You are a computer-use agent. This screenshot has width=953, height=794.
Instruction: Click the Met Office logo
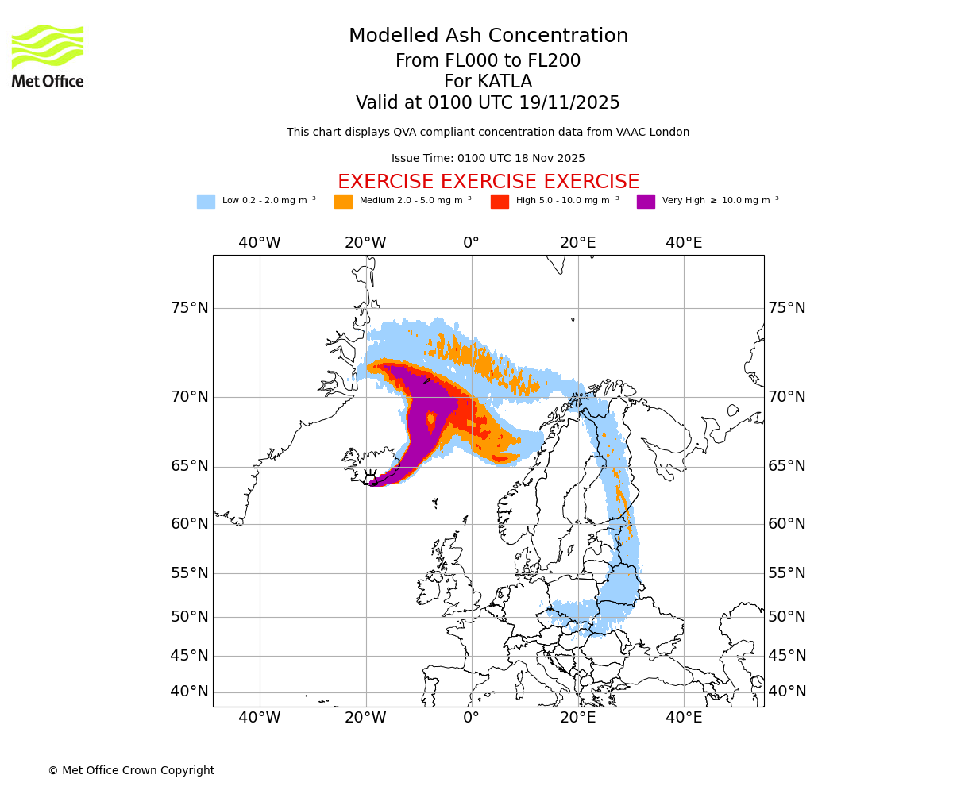click(x=48, y=56)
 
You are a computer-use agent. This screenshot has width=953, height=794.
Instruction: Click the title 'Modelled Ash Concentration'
click(x=488, y=37)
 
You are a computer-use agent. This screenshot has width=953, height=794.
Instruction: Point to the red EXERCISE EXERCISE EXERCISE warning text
click(x=488, y=182)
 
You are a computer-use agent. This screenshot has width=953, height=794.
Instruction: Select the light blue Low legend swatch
click(x=206, y=201)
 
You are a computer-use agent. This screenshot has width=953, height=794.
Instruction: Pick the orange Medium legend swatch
click(x=343, y=201)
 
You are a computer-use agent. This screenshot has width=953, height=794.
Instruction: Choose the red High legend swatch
click(x=500, y=201)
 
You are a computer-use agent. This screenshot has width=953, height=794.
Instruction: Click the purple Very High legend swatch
click(x=646, y=201)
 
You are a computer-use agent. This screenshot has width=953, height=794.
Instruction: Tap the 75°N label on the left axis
click(x=190, y=308)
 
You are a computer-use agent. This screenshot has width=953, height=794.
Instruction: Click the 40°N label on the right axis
click(x=786, y=692)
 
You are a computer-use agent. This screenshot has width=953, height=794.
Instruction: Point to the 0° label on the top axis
click(x=472, y=243)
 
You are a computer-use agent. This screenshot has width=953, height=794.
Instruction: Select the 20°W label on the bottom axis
click(x=365, y=718)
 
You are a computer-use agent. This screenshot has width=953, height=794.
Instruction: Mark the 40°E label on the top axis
click(x=684, y=243)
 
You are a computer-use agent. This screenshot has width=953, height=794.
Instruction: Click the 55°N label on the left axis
click(x=190, y=573)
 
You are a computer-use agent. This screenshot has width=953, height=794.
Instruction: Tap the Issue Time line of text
click(x=488, y=159)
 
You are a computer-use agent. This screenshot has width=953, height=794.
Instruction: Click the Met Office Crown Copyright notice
click(x=131, y=770)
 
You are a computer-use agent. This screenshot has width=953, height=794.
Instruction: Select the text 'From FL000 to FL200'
click(x=488, y=61)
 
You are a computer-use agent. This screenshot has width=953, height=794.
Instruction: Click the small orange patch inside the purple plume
click(x=431, y=418)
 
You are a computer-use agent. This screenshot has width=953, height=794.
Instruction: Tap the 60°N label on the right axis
click(x=786, y=524)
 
